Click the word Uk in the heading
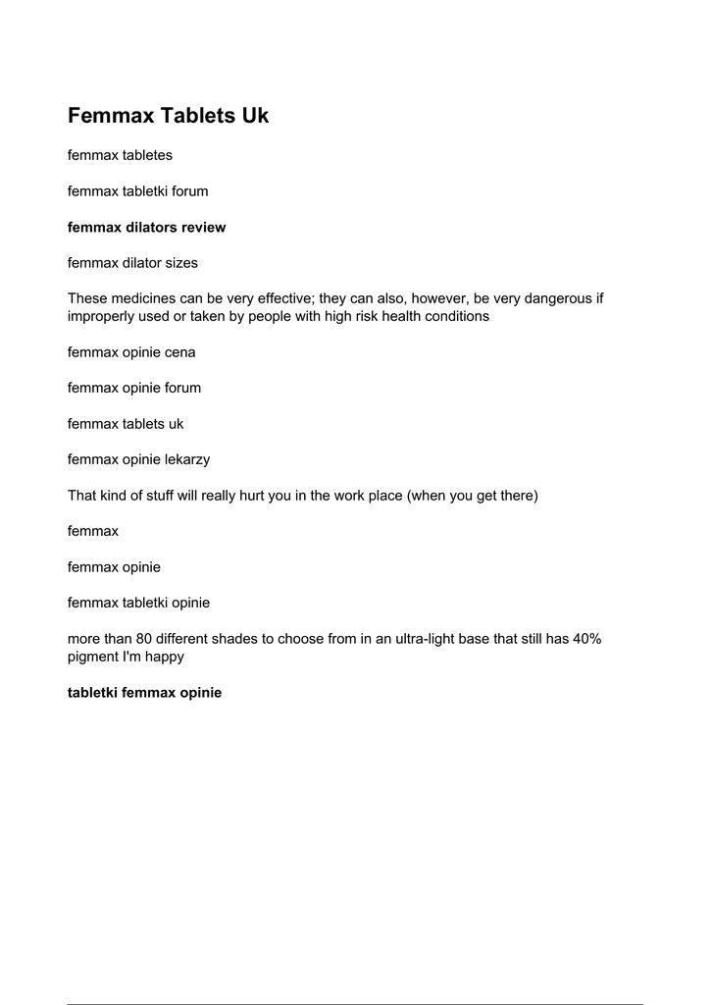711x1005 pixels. click(255, 116)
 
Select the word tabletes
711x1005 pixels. click(147, 155)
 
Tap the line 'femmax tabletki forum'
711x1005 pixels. click(137, 191)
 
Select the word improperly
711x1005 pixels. click(102, 317)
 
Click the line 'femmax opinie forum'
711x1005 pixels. click(134, 388)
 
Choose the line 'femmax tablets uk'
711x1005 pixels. click(126, 424)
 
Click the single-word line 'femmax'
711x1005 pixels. click(93, 531)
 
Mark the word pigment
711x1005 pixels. click(94, 657)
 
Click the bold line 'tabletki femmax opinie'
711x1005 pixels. click(144, 693)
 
